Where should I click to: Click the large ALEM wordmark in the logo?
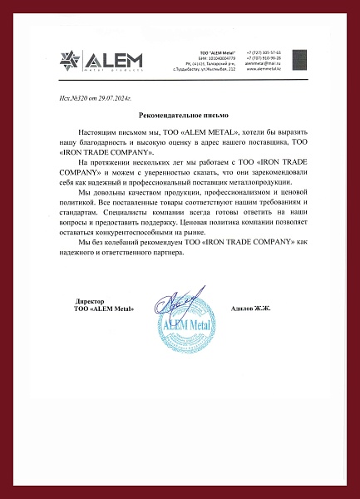click(x=113, y=59)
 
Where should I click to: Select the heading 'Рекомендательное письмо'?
click(x=180, y=115)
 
